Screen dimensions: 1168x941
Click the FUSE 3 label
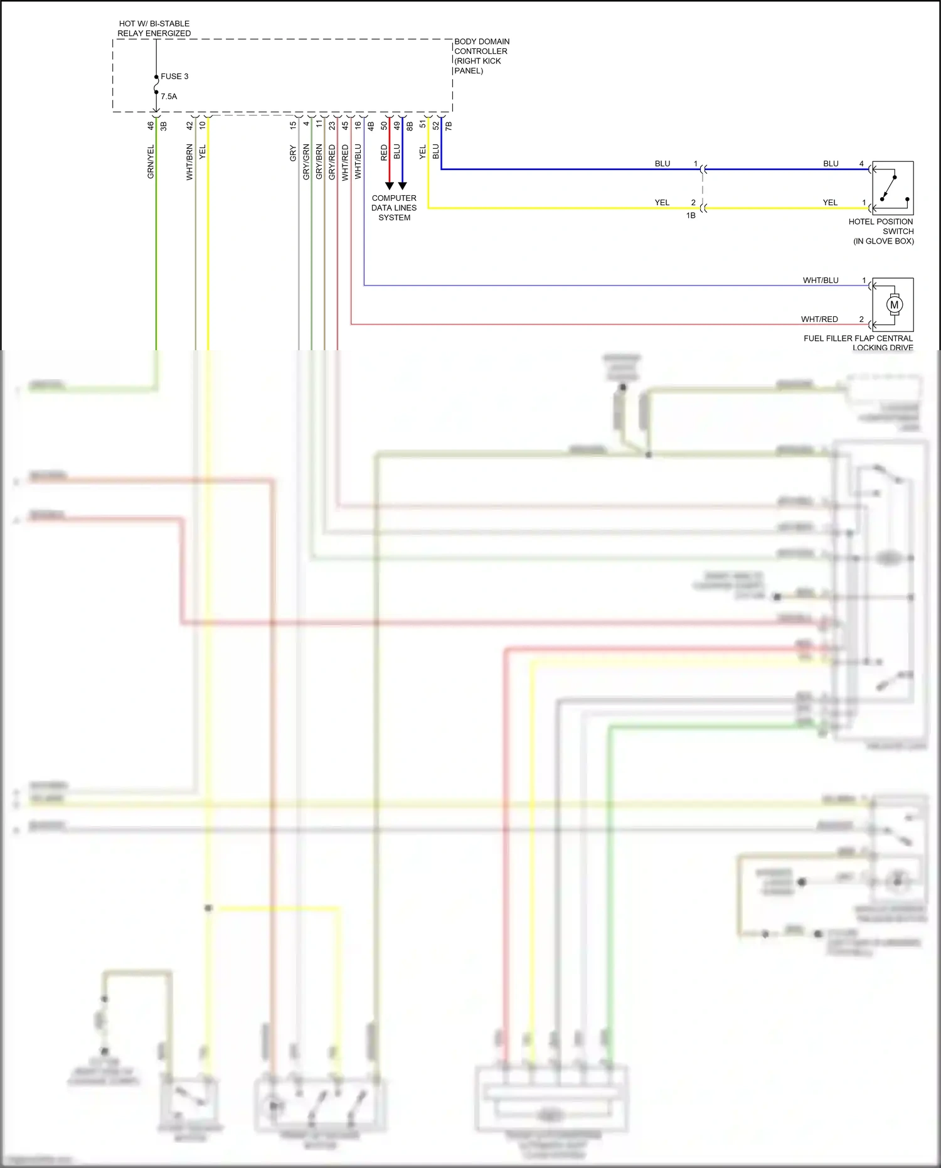point(174,77)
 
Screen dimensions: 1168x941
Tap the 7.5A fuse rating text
point(169,97)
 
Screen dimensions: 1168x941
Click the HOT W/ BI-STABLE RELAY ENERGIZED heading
point(154,28)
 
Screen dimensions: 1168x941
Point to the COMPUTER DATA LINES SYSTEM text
point(394,208)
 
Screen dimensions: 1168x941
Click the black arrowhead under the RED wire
point(389,186)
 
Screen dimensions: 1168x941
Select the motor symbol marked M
point(894,305)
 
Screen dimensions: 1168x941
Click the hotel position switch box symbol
point(893,188)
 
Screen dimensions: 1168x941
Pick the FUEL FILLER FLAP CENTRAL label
point(858,338)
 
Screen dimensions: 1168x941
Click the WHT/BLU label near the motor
point(821,281)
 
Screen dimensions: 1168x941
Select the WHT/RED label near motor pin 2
point(819,319)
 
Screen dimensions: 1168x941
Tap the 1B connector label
point(691,216)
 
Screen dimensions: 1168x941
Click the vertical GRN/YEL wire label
point(151,162)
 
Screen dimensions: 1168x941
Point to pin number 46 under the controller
point(151,126)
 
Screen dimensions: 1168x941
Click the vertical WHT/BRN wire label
point(189,162)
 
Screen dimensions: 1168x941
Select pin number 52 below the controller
point(436,126)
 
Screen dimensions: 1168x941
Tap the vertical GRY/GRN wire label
point(306,162)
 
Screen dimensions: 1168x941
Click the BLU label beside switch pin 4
point(831,164)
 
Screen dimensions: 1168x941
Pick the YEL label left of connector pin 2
point(662,203)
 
